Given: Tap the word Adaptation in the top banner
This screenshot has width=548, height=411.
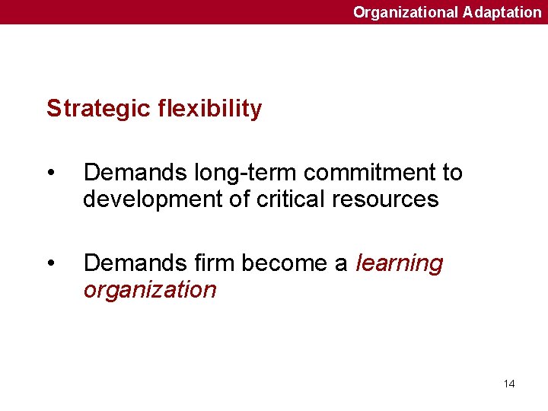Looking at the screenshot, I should pos(502,12).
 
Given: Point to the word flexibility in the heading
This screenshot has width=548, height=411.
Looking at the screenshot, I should pos(210,109).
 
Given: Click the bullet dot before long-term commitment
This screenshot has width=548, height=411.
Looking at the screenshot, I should pos(50,174).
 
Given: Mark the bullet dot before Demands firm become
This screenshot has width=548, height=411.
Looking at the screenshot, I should pos(50,263).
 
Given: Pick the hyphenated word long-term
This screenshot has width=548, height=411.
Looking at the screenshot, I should pos(231,174).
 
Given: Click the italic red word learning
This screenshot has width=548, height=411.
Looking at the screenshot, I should pos(399,264).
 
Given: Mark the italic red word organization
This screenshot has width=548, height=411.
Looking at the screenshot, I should pos(150,290).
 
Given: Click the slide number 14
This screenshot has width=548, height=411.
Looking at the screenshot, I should pos(509,384).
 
